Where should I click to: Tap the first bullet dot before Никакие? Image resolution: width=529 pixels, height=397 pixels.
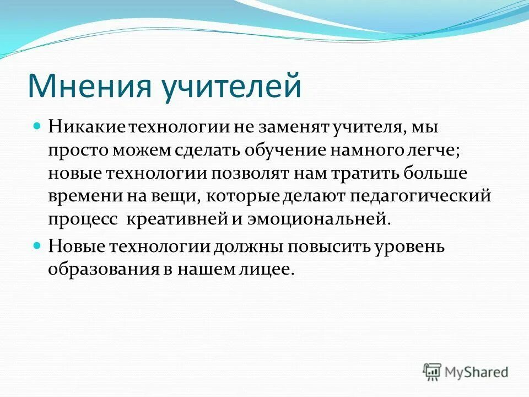pos(37,126)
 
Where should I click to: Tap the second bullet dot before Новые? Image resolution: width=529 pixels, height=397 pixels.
pos(37,245)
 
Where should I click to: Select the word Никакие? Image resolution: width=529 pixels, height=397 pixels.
pos(87,127)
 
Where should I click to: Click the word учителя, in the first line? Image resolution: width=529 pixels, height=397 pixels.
pos(368,127)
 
